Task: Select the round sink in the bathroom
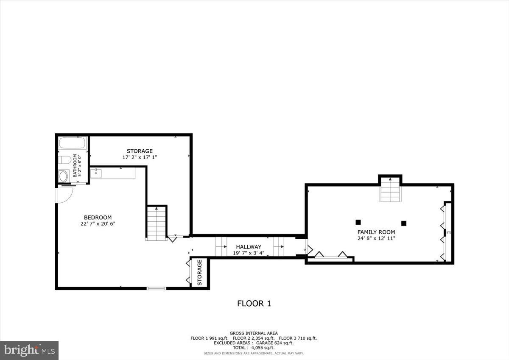(64, 176)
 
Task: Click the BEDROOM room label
(98, 218)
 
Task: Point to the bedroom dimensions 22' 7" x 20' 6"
(98, 223)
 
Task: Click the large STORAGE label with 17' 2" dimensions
(140, 151)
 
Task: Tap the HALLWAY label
(249, 247)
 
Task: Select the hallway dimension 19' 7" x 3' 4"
(249, 253)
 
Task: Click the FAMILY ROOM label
(376, 232)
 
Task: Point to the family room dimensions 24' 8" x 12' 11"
(376, 238)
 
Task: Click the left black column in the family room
(358, 222)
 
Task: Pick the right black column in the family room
(404, 223)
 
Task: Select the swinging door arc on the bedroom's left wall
(64, 195)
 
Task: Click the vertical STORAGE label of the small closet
(199, 272)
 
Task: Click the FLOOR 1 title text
(254, 304)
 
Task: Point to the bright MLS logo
(29, 350)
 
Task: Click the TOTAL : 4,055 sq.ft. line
(253, 348)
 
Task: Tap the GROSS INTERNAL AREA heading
(254, 333)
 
